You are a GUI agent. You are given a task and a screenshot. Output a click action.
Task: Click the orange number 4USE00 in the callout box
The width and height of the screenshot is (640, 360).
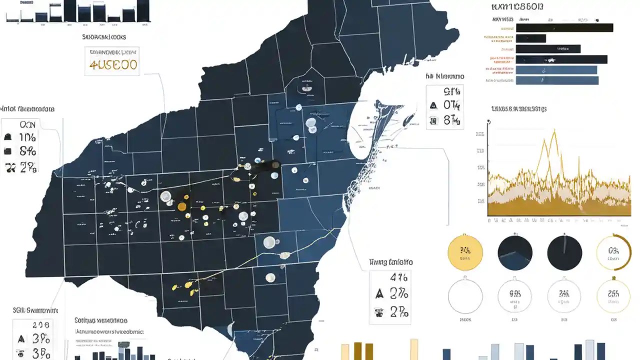point(113,65)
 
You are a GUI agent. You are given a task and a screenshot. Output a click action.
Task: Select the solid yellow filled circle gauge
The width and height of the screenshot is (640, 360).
point(465,253)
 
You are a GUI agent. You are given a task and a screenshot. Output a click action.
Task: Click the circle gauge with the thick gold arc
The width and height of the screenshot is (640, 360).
point(614,253)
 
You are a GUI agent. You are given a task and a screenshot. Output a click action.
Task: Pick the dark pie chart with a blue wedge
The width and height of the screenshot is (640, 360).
point(515,253)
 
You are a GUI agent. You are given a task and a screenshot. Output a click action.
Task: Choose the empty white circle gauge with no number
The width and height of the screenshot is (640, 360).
point(465,296)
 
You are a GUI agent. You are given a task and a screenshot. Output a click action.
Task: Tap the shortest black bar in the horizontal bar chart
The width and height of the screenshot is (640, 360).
point(531,38)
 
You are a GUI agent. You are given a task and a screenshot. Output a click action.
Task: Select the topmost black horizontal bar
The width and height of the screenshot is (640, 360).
point(564,27)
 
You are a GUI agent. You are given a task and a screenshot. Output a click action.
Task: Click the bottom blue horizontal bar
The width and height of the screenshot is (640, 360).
point(557,80)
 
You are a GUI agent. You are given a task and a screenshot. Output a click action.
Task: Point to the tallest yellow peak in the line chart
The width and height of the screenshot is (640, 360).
point(554,131)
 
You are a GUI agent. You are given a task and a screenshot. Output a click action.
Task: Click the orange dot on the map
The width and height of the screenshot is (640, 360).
point(182,206)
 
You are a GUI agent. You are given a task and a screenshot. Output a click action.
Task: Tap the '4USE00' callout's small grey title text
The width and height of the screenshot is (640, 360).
point(113,51)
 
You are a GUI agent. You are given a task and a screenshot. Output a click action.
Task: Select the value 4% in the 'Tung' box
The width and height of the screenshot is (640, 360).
point(399,277)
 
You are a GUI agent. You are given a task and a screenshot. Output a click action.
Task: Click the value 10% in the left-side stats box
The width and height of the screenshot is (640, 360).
point(27,137)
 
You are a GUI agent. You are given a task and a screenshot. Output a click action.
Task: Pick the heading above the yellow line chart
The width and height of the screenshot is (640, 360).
point(518,108)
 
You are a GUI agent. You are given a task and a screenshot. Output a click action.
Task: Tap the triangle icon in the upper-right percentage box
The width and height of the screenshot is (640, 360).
point(433,105)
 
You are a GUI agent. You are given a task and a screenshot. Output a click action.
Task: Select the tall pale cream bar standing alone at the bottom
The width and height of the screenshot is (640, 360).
point(414,349)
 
